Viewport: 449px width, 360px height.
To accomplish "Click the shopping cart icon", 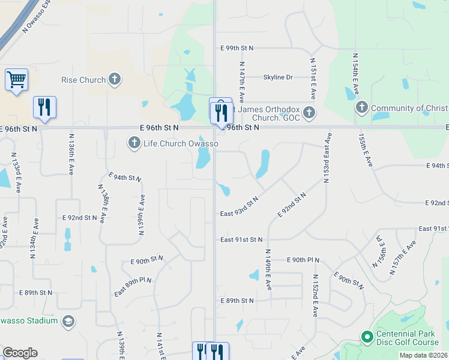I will tap(16, 79).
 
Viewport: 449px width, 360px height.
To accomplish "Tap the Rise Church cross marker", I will tap(114, 79).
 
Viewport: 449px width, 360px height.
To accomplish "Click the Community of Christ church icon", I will tap(361, 108).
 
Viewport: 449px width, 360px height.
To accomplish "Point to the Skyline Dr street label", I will tap(278, 77).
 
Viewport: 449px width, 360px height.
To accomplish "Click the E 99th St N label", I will tap(237, 47).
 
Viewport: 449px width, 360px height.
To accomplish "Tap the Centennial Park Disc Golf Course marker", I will tap(367, 338).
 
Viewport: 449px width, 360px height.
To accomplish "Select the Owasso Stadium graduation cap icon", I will tap(68, 320).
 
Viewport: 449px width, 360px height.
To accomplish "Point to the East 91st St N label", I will tap(241, 239).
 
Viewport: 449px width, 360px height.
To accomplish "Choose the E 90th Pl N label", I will tap(303, 260).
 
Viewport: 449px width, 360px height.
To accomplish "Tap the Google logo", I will tap(20, 353).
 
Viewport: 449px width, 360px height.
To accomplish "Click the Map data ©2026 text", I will tap(423, 355).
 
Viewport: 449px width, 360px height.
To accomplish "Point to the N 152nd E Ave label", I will tap(315, 295).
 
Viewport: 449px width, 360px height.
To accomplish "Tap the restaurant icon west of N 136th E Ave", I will tap(44, 107).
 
